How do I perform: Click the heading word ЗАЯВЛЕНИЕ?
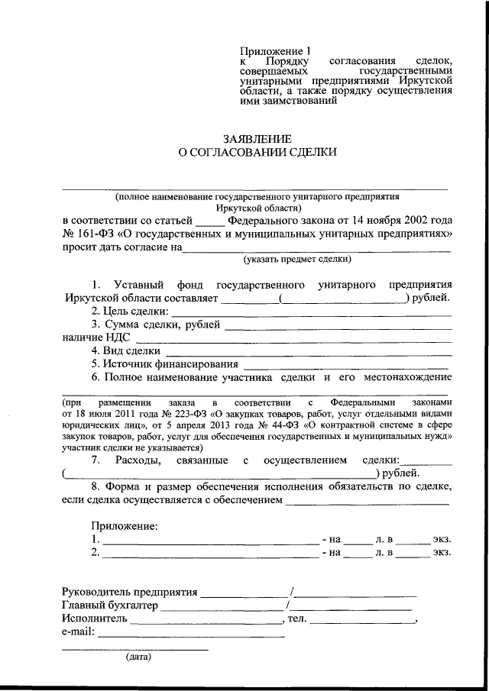coord(257,139)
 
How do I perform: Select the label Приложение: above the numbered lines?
coord(125,526)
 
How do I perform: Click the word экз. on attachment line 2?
coord(442,552)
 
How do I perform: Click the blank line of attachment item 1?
coord(211,540)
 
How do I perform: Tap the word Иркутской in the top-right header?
coord(424,80)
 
